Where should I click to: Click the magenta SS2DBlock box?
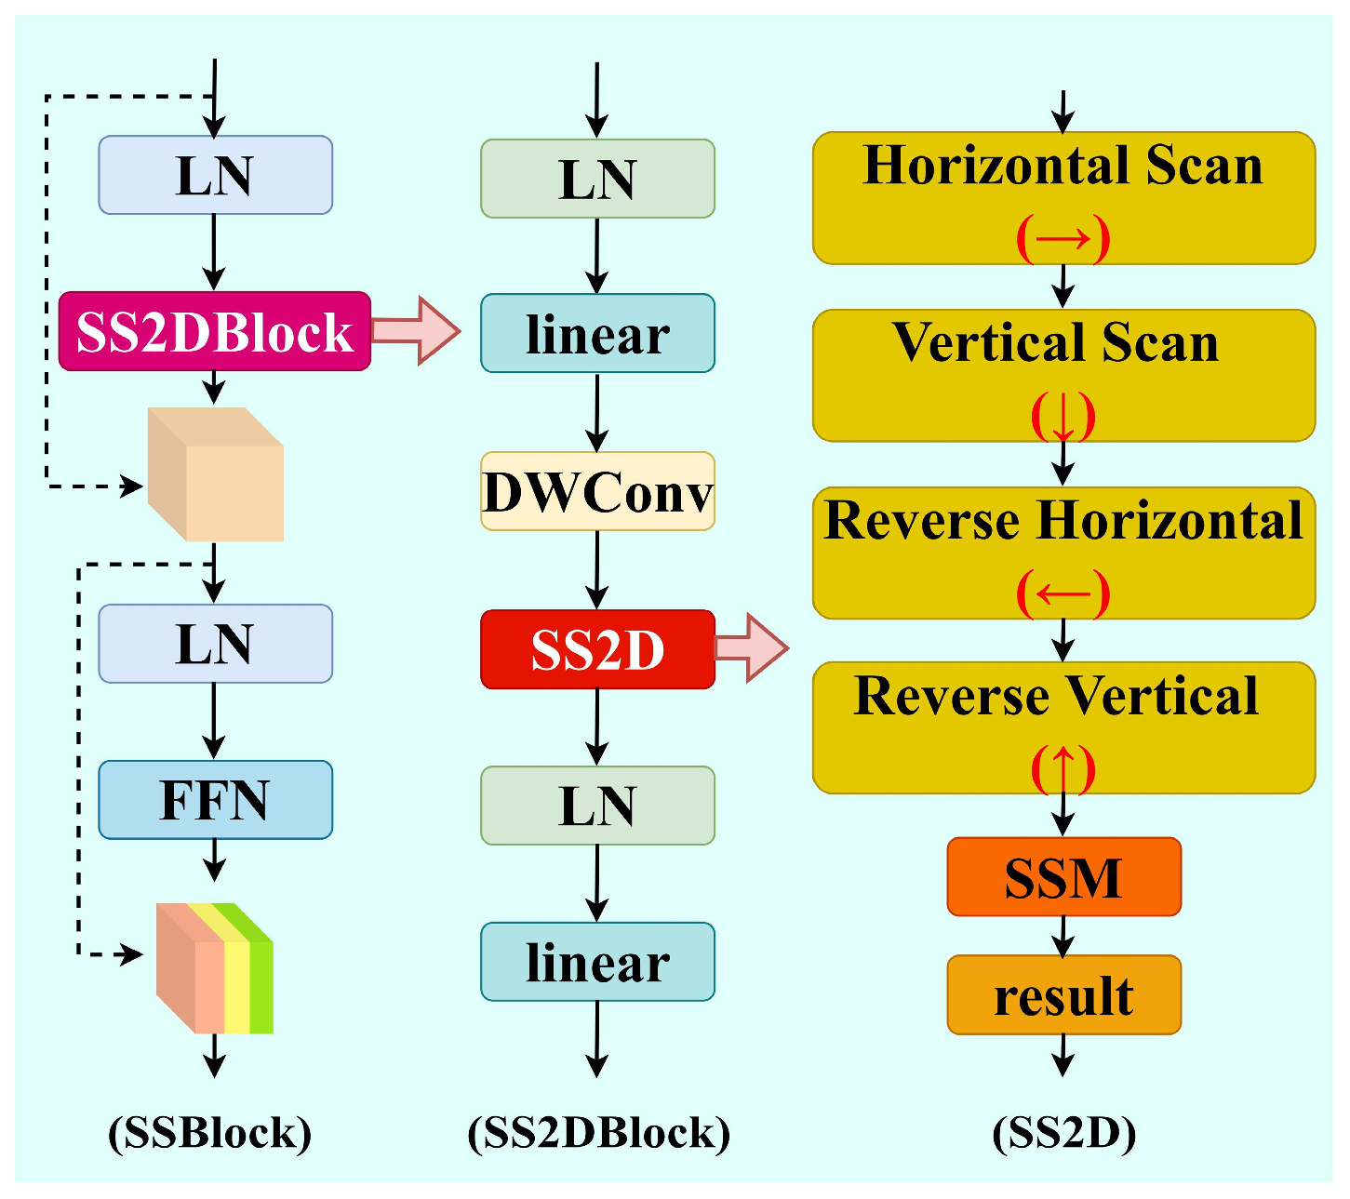214,331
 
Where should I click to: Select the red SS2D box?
597,649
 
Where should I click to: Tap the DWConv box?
597,491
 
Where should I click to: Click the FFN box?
215,800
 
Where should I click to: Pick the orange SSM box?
1063,877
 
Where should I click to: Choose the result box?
1063,995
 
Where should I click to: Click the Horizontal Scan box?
1063,198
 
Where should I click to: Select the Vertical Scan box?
1063,376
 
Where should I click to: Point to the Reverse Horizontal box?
1063,553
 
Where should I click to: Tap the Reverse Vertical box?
1063,727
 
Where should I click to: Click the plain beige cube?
216,475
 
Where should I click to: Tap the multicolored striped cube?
215,968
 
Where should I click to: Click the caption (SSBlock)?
210,1133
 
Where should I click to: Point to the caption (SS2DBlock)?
598,1133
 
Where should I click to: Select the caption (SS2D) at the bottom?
1063,1133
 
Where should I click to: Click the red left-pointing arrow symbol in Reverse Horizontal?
1063,593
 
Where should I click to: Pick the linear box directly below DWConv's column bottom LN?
597,962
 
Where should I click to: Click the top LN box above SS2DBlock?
215,175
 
